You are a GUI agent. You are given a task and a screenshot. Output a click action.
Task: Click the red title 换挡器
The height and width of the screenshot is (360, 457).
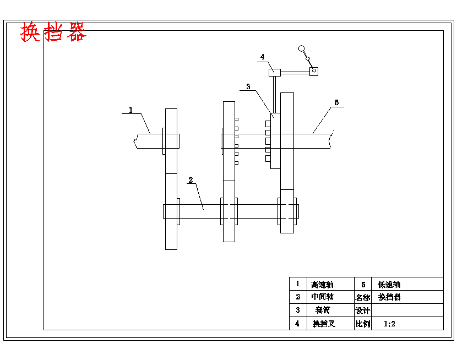tap(53, 32)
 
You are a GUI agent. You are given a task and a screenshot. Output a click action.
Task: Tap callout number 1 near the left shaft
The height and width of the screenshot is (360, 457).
tap(130, 110)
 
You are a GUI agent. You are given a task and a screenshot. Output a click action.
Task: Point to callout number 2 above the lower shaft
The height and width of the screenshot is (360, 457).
tap(191, 180)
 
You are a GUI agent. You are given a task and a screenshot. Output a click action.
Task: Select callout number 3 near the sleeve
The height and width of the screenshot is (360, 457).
tap(248, 86)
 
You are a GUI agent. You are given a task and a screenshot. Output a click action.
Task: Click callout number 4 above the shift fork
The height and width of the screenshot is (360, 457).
tap(263, 57)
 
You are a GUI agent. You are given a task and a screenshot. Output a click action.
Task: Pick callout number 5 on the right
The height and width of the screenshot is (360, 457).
tap(337, 102)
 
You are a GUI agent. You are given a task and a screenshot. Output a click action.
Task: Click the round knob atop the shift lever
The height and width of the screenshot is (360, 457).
tap(302, 48)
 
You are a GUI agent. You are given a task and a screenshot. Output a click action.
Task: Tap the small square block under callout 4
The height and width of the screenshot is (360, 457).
tap(274, 72)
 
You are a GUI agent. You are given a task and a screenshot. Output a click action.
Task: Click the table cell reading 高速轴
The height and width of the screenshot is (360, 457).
tap(322, 285)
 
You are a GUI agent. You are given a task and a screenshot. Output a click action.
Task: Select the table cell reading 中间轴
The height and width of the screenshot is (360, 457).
tap(322, 297)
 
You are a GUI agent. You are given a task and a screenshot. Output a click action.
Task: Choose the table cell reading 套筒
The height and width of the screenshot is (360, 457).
tap(322, 310)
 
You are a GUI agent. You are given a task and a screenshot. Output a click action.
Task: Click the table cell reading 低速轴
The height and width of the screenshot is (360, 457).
tap(389, 285)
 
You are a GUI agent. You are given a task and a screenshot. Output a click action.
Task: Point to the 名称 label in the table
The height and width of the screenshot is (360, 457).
tap(362, 297)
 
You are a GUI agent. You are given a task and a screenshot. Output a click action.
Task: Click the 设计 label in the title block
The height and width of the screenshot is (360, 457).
tap(362, 310)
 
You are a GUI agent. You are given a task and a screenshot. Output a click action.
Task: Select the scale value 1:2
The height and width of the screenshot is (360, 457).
tap(389, 324)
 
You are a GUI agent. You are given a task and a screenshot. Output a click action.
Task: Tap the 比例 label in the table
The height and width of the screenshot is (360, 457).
tap(362, 324)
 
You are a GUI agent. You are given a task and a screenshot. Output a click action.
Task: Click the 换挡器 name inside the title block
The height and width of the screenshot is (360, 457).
tap(390, 297)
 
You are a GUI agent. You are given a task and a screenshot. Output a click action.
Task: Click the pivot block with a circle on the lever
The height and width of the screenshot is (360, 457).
tap(314, 71)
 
